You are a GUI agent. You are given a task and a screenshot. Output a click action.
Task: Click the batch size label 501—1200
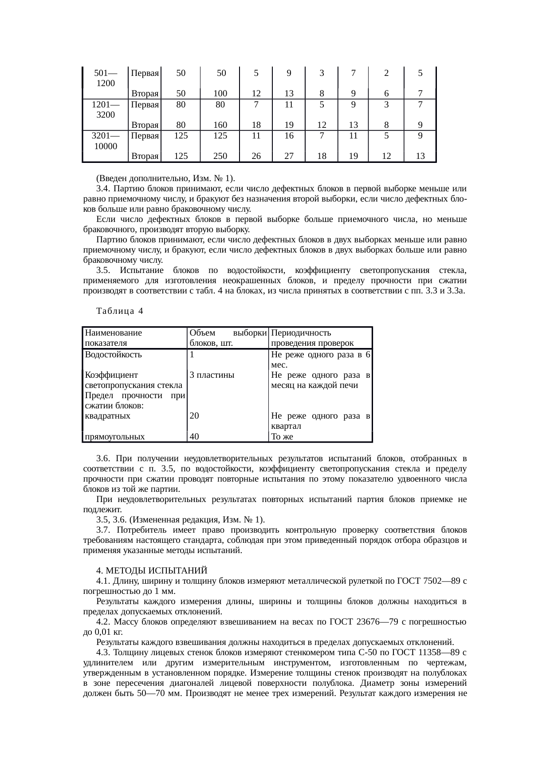105,78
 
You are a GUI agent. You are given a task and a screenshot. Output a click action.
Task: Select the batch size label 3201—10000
105,140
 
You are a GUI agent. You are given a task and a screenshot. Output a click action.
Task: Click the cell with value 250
220,156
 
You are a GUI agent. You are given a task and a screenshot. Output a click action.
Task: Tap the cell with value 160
220,125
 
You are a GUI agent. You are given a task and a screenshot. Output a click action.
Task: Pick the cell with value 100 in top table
220,94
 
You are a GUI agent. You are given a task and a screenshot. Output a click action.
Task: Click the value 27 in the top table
289,156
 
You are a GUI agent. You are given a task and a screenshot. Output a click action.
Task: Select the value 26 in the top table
256,156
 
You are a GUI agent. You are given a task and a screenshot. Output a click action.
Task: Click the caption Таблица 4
119,311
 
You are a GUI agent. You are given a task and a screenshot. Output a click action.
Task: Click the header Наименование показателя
113,338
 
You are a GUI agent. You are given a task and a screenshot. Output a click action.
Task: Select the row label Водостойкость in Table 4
114,355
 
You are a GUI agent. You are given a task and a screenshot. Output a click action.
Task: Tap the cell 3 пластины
212,375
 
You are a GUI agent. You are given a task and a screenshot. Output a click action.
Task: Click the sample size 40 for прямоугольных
194,436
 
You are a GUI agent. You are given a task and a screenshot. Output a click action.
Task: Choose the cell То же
282,436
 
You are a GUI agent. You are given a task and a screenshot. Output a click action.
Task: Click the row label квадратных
108,416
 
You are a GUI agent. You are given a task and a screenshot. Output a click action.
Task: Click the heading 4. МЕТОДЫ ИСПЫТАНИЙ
152,570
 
